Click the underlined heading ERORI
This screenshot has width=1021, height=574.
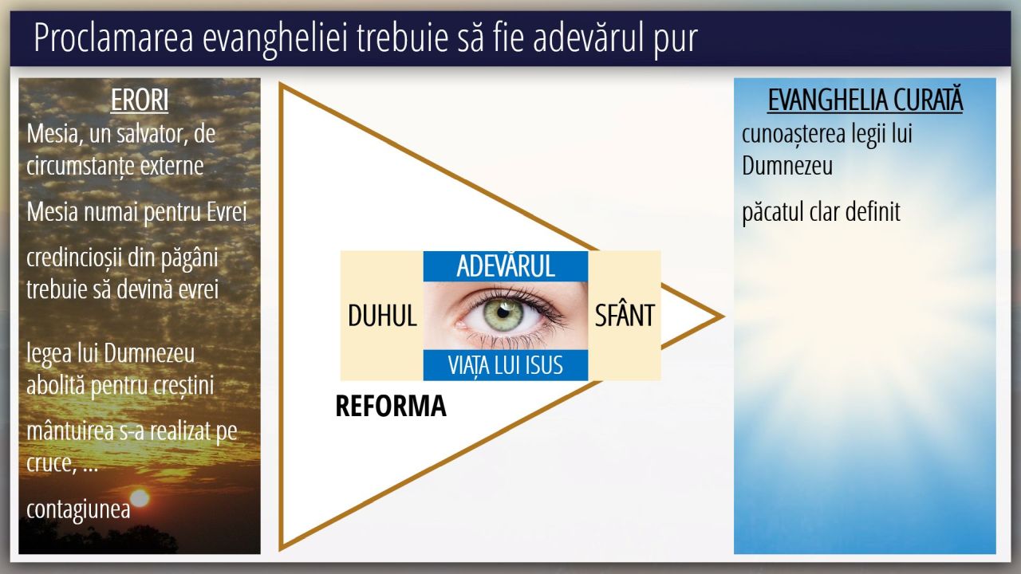pyautogui.click(x=140, y=100)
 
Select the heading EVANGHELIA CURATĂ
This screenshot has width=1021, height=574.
pyautogui.click(x=865, y=100)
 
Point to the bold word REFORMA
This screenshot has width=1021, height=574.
pyautogui.click(x=391, y=406)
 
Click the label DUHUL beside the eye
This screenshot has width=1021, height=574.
pyautogui.click(x=382, y=315)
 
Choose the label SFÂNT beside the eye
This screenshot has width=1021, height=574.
pyautogui.click(x=625, y=314)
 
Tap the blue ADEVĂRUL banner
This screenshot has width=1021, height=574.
pyautogui.click(x=506, y=266)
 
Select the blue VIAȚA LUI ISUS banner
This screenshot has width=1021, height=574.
pyautogui.click(x=506, y=365)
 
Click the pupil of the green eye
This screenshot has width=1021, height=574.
pyautogui.click(x=503, y=313)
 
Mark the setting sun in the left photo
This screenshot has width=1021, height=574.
pyautogui.click(x=140, y=498)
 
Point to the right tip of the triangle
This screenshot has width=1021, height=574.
pyautogui.click(x=723, y=316)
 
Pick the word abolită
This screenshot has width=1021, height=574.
pyautogui.click(x=56, y=385)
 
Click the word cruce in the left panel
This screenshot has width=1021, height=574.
pyautogui.click(x=49, y=464)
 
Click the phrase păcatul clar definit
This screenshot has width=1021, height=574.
pyautogui.click(x=821, y=213)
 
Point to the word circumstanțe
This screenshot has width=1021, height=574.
pyautogui.click(x=80, y=167)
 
